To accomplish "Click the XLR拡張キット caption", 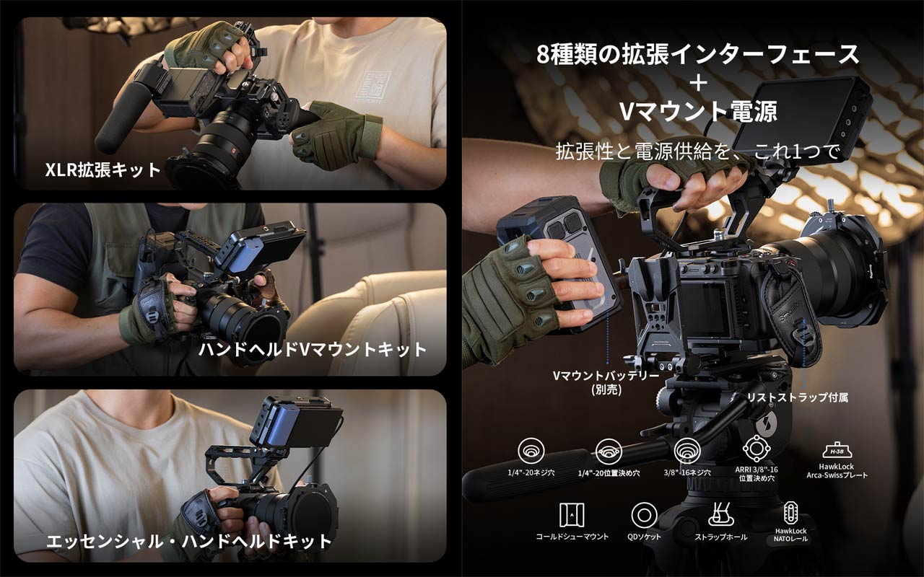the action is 103,169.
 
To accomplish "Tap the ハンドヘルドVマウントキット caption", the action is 313,350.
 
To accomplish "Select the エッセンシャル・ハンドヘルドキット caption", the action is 189,541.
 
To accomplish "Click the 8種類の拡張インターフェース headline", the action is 698,54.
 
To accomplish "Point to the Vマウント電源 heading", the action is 698,111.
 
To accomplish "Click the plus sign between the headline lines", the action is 698,84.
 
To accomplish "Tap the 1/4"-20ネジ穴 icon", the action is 531,451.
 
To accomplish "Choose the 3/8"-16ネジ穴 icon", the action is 687,451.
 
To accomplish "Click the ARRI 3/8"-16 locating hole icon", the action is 757,449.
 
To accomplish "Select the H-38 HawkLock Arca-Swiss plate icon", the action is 837,451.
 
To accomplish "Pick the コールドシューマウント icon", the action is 572,515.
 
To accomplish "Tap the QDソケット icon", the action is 644,515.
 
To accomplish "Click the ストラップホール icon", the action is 720,514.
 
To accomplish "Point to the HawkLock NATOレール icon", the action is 790,513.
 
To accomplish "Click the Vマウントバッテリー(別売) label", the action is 606,382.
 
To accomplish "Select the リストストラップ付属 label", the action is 798,397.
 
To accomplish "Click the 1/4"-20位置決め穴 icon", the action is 609,452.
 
